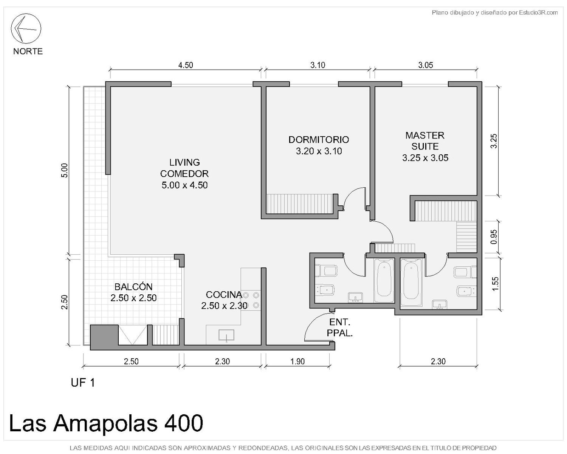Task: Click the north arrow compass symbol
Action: (26, 28)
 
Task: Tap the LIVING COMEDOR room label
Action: (184, 174)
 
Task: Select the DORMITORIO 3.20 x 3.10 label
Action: (319, 145)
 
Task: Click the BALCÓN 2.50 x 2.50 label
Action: (133, 292)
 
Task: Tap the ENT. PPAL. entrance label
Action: (339, 328)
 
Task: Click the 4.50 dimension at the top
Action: (186, 65)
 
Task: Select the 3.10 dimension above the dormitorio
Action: (318, 65)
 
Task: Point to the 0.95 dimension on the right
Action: (494, 237)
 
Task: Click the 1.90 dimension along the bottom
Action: (297, 361)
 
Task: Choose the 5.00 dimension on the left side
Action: (65, 170)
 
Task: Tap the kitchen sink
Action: (226, 336)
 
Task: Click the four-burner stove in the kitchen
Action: (251, 300)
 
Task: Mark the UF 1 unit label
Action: (82, 383)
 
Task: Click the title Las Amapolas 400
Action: (106, 423)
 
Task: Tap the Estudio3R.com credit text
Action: (494, 12)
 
